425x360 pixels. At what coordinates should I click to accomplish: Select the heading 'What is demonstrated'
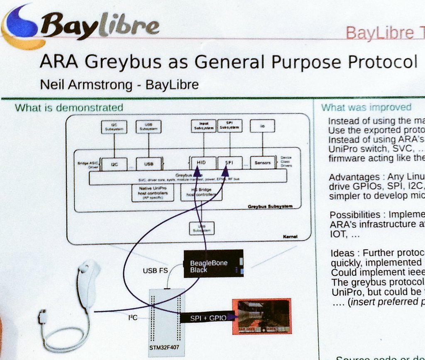[x=69, y=108]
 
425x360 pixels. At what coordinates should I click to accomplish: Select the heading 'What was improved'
[x=366, y=107]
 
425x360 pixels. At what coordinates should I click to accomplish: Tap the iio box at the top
[x=262, y=126]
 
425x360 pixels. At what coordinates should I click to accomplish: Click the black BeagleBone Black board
[x=213, y=264]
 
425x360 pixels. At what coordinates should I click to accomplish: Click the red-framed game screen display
[x=262, y=316]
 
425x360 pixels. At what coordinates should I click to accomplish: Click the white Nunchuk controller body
[x=87, y=286]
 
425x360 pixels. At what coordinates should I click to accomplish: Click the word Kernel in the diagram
[x=290, y=237]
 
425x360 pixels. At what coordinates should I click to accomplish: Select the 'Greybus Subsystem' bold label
[x=270, y=206]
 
